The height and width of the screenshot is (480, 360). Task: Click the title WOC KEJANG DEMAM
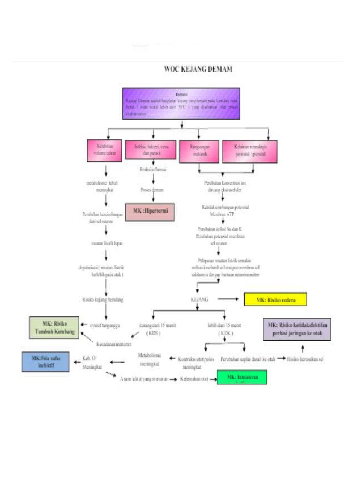point(198,69)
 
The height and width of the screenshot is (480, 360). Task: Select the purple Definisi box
point(181,101)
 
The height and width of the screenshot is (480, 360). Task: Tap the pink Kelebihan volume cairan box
point(104,150)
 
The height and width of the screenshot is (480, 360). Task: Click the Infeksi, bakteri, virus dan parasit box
point(151,150)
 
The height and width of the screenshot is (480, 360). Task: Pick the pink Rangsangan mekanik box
point(199,150)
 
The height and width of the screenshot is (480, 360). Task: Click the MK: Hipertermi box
point(150,212)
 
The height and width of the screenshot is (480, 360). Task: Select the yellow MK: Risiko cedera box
point(275,300)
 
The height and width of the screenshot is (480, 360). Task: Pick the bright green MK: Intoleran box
point(241,377)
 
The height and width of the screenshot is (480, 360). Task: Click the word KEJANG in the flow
point(200,299)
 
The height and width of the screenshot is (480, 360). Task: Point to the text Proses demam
point(152,190)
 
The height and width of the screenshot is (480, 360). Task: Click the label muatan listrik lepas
point(107,243)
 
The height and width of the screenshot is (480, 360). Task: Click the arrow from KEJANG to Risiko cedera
point(228,299)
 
